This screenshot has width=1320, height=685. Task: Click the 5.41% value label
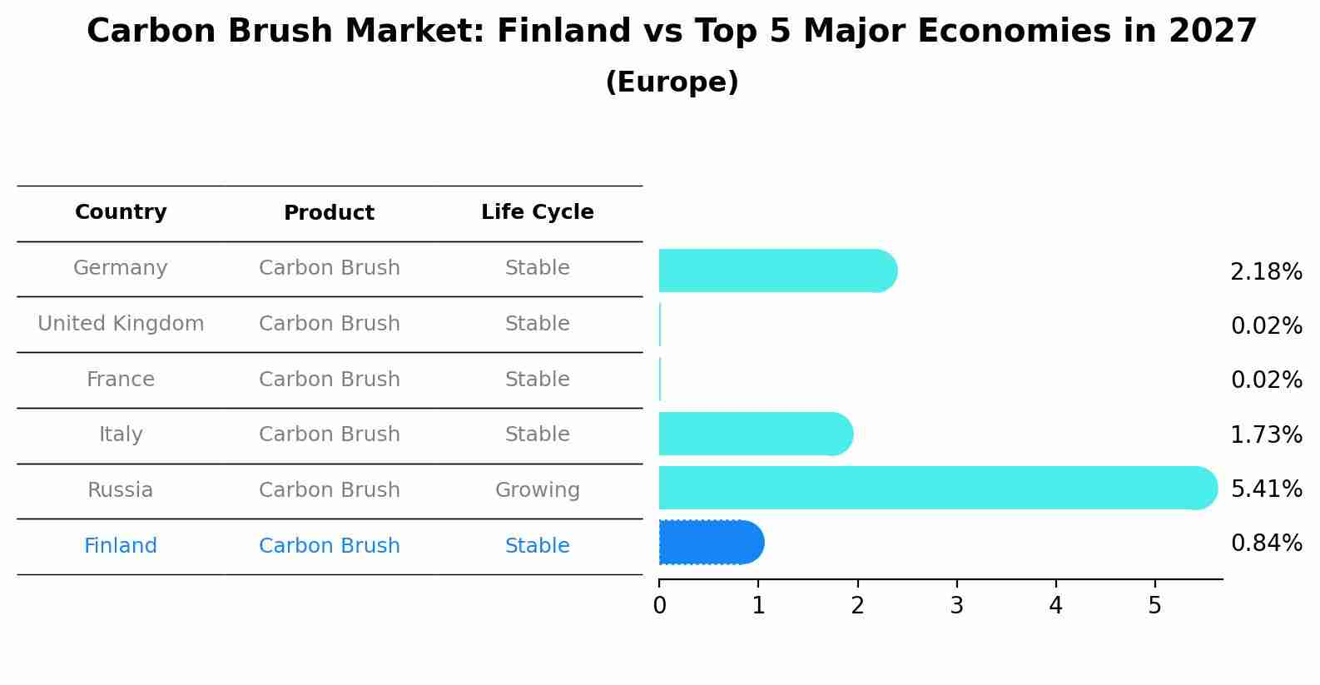1266,489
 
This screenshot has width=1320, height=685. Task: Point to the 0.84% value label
1266,544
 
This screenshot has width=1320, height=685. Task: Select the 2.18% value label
1266,272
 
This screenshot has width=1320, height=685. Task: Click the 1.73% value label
1266,434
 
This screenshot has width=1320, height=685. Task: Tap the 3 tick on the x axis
956,606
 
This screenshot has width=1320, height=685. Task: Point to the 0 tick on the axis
659,606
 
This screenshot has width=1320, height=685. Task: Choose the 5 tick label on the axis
1154,606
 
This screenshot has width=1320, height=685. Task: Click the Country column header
121,212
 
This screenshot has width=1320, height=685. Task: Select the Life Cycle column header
537,212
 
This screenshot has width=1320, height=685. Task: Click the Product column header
329,213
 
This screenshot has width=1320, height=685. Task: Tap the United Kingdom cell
121,324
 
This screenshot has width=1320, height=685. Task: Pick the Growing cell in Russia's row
537,490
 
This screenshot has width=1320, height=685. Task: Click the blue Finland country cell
121,546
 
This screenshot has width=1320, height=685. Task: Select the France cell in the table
121,380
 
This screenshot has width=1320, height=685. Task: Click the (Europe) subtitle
672,82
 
